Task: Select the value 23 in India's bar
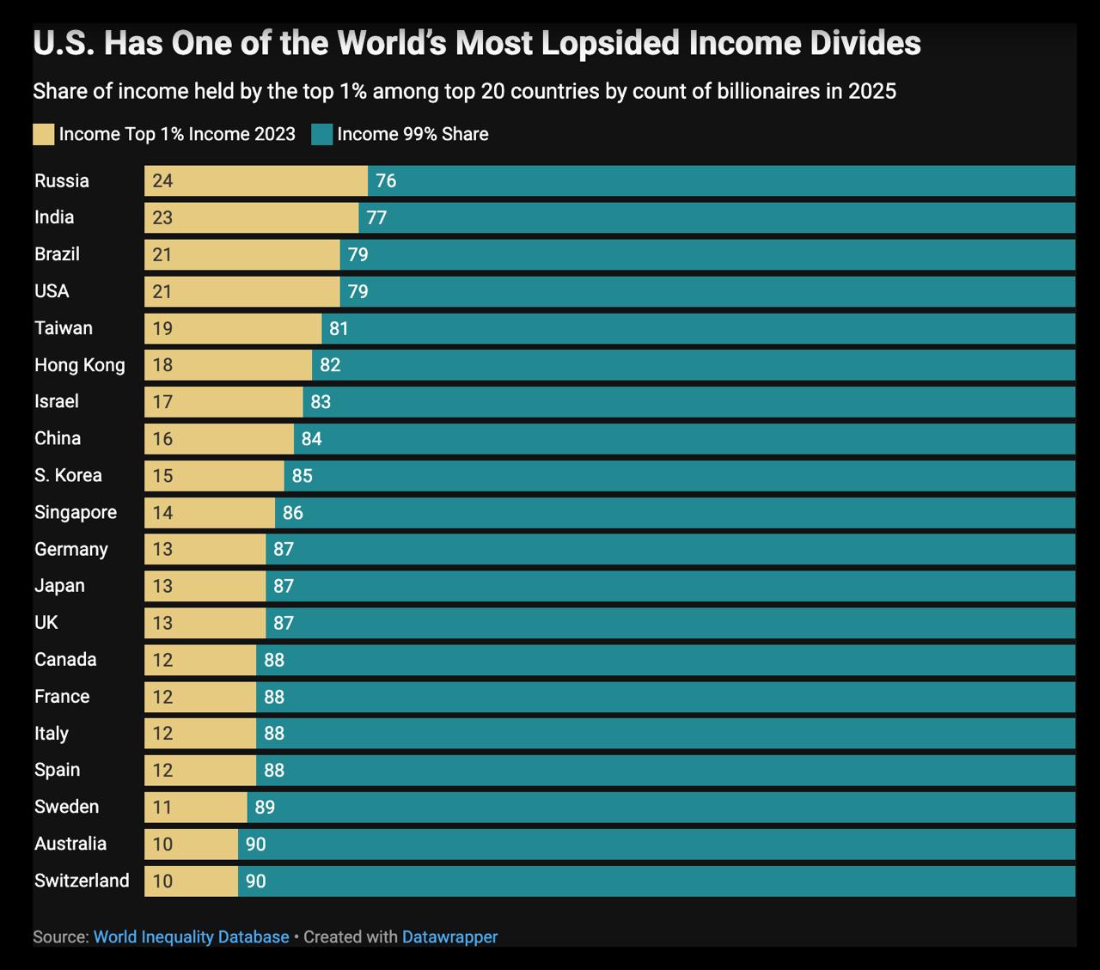click(x=162, y=217)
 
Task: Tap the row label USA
click(x=52, y=291)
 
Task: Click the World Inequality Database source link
click(x=191, y=936)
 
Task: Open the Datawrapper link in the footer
click(x=449, y=936)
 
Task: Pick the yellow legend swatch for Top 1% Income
click(x=43, y=134)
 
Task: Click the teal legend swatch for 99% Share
click(x=322, y=134)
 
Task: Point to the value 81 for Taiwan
click(x=339, y=328)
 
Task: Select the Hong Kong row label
click(x=79, y=365)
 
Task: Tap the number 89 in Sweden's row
click(x=265, y=807)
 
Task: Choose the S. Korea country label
click(x=68, y=475)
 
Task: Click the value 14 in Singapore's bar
click(x=162, y=513)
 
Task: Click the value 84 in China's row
click(x=311, y=439)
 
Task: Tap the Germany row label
click(x=70, y=549)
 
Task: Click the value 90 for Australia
click(x=255, y=844)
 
